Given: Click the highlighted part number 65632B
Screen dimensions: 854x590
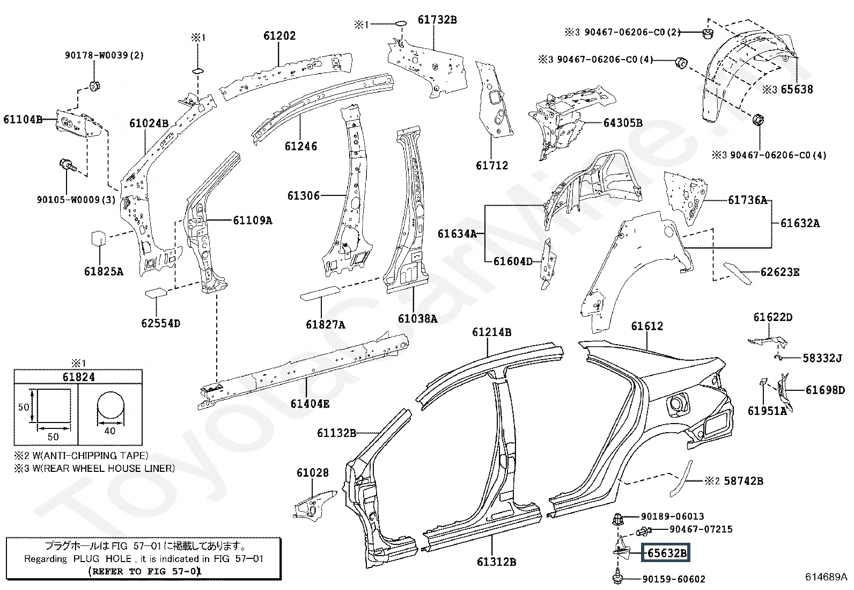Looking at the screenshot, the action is click(x=666, y=552).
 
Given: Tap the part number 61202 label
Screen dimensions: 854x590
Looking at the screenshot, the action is click(x=279, y=36).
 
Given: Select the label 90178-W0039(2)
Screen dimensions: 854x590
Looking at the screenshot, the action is click(x=104, y=55).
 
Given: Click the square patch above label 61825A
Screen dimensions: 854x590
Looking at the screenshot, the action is click(x=98, y=238).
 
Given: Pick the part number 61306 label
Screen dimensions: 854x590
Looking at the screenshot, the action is click(x=304, y=196).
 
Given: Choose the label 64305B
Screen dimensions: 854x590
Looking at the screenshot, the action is click(x=623, y=123).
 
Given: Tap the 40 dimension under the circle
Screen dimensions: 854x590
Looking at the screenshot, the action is click(x=110, y=431).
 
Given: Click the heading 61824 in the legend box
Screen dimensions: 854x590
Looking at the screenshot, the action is click(x=78, y=377).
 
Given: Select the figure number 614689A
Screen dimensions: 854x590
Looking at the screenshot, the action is click(x=826, y=577).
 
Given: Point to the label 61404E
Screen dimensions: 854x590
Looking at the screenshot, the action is click(x=310, y=404).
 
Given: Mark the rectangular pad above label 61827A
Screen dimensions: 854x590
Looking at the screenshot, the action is click(x=320, y=293).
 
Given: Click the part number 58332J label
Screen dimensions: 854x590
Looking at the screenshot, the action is click(x=822, y=358).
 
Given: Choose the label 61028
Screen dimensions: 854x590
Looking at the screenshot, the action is click(x=313, y=473).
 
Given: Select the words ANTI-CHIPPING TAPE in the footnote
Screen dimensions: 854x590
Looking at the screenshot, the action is click(x=94, y=456).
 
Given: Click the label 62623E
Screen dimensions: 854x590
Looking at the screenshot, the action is click(x=780, y=272).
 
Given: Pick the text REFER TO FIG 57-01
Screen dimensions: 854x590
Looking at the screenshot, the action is click(x=145, y=571).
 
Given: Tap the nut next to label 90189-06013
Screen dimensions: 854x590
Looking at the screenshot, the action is click(x=617, y=519).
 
